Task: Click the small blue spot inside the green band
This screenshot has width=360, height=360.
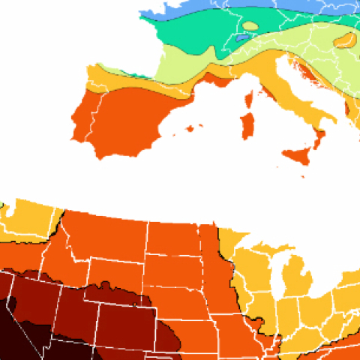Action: pos(241,36)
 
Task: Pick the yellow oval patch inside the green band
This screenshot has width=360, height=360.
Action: pos(250,25)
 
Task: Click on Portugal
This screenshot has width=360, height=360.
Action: pos(80,124)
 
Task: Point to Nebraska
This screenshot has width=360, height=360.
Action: pos(180,300)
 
